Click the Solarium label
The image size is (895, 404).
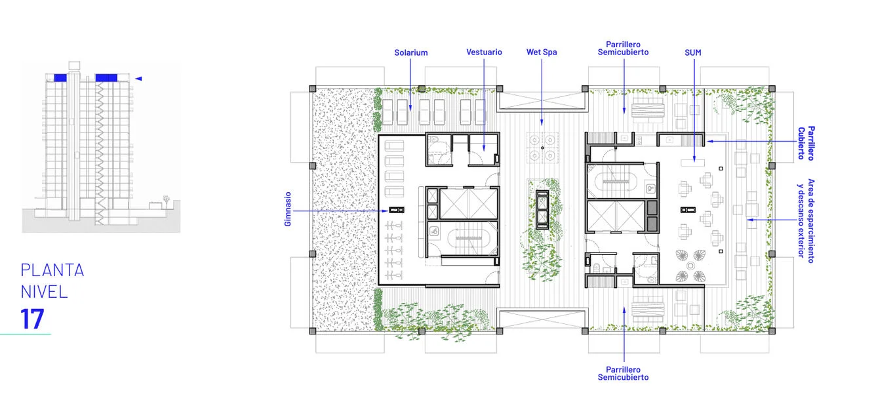(410, 52)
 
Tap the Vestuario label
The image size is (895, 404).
(484, 52)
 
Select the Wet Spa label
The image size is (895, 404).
(542, 52)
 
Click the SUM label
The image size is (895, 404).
(693, 52)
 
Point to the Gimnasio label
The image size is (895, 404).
(288, 209)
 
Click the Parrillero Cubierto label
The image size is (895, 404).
(806, 143)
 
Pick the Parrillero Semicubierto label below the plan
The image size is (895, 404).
(623, 373)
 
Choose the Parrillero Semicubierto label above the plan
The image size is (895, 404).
(623, 49)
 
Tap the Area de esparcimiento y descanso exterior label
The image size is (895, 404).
(806, 220)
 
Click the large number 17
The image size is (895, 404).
(32, 319)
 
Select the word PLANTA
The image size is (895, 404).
(52, 270)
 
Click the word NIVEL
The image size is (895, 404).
(44, 292)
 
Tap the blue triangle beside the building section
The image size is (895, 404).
(138, 79)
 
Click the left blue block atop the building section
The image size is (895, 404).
(60, 78)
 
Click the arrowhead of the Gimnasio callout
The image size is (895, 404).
(385, 211)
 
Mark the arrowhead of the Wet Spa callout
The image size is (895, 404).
(542, 123)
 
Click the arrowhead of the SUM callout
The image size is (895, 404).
(694, 159)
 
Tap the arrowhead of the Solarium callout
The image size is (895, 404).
(410, 108)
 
